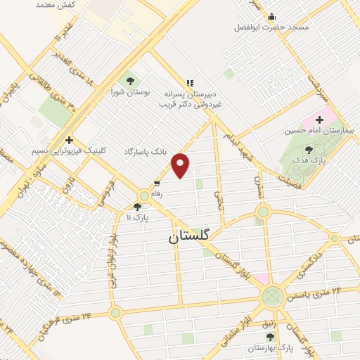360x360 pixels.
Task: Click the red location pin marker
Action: pyautogui.click(x=181, y=166)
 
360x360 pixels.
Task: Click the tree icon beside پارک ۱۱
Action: pyautogui.click(x=137, y=207)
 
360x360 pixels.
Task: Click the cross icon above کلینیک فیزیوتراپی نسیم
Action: pyautogui.click(x=69, y=139)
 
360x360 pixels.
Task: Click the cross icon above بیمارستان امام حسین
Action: pyautogui.click(x=321, y=119)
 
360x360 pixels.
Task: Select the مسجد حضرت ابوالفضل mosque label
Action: pyautogui.click(x=272, y=28)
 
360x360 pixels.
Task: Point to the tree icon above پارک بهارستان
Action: pyautogui.click(x=251, y=336)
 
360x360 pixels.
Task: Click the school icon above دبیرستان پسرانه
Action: pyautogui.click(x=188, y=82)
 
